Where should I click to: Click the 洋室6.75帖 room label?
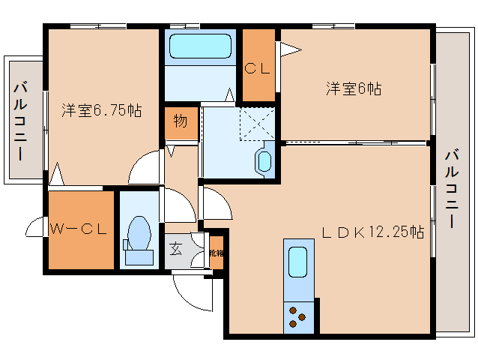(x=101, y=110)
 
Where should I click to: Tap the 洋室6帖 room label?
(x=354, y=88)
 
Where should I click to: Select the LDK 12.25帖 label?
(x=373, y=232)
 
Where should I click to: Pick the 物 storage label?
(x=181, y=120)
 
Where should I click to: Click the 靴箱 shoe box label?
(x=215, y=253)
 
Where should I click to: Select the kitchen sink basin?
(x=298, y=262)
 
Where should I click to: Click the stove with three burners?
(x=298, y=317)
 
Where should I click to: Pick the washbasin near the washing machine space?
(x=264, y=160)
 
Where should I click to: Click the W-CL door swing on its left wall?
(x=36, y=227)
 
